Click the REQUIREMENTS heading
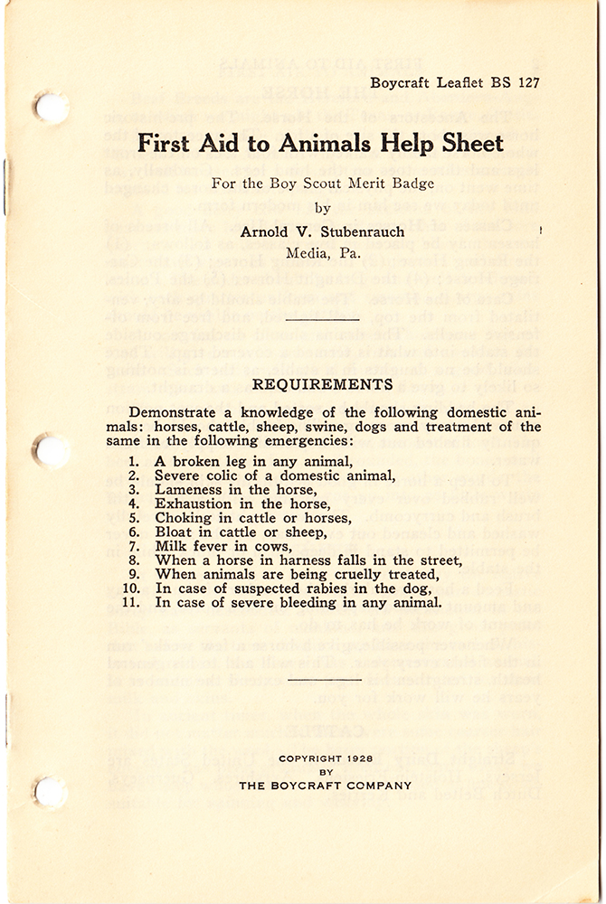pos(323,384)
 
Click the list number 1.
pos(135,461)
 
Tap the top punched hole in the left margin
pos(51,108)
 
